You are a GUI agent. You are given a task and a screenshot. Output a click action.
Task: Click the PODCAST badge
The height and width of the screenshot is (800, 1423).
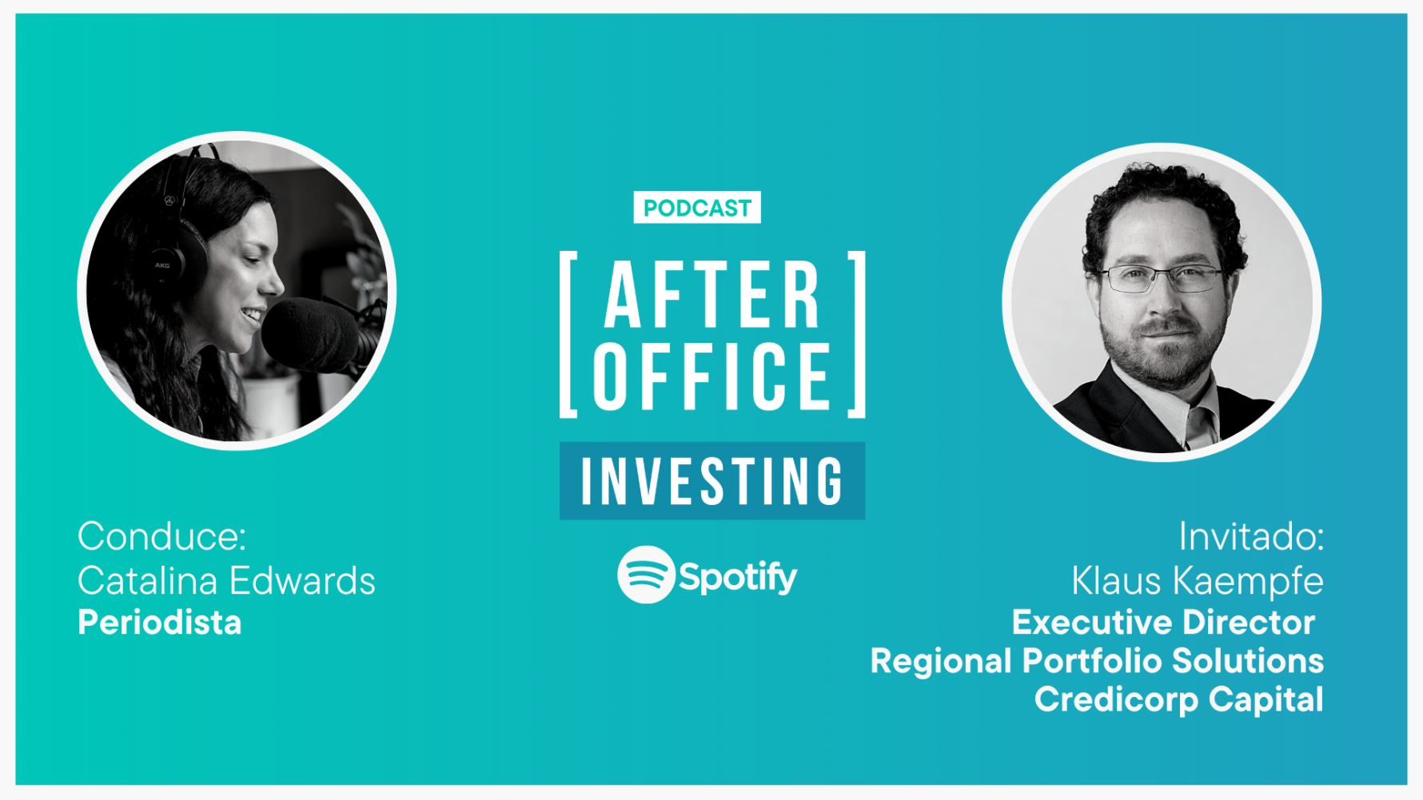pos(696,208)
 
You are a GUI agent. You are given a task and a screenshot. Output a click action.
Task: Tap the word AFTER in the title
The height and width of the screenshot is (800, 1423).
pos(712,295)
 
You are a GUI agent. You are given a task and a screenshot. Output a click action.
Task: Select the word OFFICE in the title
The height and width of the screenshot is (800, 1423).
pos(712,376)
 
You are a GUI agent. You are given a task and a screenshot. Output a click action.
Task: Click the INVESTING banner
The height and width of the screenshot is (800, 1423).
pos(711,481)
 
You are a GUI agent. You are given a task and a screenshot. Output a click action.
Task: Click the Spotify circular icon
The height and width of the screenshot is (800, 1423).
pos(646,575)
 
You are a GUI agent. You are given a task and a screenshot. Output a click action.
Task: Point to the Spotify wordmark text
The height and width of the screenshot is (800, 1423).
pos(738,577)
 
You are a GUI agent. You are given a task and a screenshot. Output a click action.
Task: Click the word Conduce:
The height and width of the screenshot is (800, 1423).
pos(161,535)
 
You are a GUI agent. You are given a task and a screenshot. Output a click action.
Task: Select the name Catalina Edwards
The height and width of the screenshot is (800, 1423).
pos(226,580)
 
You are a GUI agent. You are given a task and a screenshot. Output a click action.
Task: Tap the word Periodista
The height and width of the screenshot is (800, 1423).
pos(159,623)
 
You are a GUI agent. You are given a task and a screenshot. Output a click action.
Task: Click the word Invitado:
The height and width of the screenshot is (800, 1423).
pos(1251,536)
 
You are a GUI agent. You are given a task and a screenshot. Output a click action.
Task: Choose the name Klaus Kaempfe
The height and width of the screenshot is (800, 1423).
pos(1198,581)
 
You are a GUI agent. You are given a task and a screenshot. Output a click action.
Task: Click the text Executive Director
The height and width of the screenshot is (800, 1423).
pos(1163,623)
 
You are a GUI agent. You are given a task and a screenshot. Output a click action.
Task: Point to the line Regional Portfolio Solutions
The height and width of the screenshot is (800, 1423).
pos(1097,661)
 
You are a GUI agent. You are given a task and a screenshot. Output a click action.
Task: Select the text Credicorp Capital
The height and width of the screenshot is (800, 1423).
pos(1179,699)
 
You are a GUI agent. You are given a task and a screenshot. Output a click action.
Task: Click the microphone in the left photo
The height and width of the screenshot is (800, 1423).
pos(316,336)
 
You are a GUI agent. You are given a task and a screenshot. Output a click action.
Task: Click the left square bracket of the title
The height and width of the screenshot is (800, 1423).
pos(568,334)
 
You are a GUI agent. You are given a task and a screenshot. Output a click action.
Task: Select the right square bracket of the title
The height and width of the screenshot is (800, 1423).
pos(857,334)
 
